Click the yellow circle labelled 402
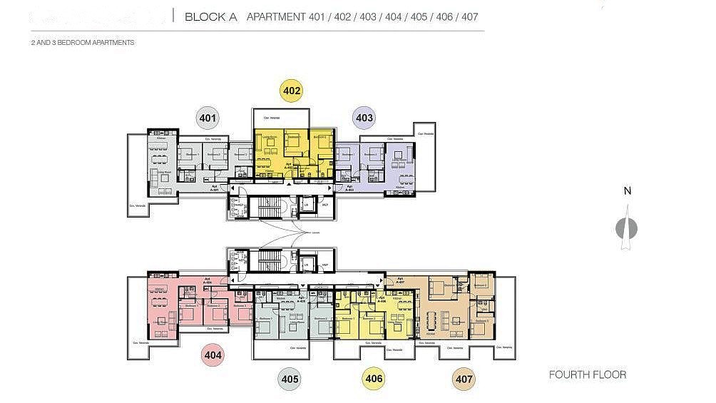click(292, 91)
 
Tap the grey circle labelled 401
click(208, 118)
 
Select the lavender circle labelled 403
click(364, 118)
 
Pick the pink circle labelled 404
click(213, 354)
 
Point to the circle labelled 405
click(290, 379)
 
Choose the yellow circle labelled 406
click(373, 379)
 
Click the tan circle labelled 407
click(464, 379)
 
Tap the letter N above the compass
click(627, 191)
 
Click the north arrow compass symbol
click(626, 228)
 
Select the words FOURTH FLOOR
click(588, 374)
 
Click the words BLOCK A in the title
click(211, 16)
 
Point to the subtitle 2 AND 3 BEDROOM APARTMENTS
click(83, 43)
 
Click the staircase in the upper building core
click(270, 207)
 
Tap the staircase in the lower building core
click(270, 261)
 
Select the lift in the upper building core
click(307, 205)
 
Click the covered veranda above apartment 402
click(281, 118)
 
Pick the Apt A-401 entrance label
click(215, 189)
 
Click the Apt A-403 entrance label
click(349, 188)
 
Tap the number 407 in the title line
click(470, 16)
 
